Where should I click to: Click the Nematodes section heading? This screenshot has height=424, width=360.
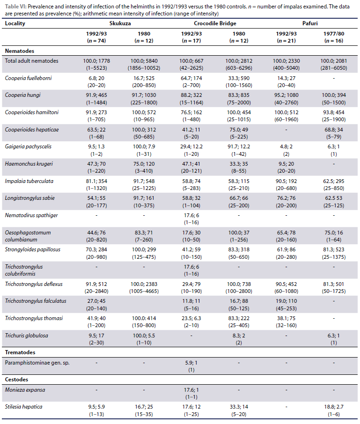20,51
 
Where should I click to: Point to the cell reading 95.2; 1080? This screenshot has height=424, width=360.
287,95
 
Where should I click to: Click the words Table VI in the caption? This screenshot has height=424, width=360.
13,5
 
